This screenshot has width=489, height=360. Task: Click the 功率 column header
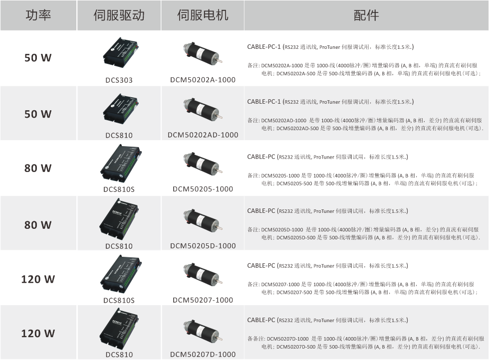tap(38, 15)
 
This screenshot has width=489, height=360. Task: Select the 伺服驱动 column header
tap(119, 15)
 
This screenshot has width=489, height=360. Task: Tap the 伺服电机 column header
tap(203, 15)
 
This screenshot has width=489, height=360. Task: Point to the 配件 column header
tap(366, 15)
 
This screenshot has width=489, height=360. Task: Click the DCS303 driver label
tap(119, 80)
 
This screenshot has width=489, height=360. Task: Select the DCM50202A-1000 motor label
tap(203, 80)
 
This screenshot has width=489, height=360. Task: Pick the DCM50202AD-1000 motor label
tap(203, 135)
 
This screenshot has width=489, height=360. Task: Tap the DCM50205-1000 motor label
tap(203, 189)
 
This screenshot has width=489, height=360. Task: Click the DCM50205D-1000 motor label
tap(203, 246)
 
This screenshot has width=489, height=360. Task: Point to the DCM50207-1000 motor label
tap(203, 300)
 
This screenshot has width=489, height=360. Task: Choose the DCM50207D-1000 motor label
tap(203, 355)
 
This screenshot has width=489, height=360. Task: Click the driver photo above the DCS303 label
tap(120, 52)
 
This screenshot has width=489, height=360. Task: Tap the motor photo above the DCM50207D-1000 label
tap(203, 331)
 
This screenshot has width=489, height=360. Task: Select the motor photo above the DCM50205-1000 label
tap(203, 163)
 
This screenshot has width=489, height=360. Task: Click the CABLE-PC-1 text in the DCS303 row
tap(264, 47)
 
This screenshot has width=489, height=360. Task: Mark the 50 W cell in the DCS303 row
tap(38, 58)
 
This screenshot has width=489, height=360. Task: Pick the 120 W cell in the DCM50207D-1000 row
tap(38, 334)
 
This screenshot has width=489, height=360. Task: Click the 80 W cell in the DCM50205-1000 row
tap(38, 169)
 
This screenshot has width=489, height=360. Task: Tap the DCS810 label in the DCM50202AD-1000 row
tap(119, 135)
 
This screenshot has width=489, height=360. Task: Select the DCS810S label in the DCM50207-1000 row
tap(119, 300)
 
